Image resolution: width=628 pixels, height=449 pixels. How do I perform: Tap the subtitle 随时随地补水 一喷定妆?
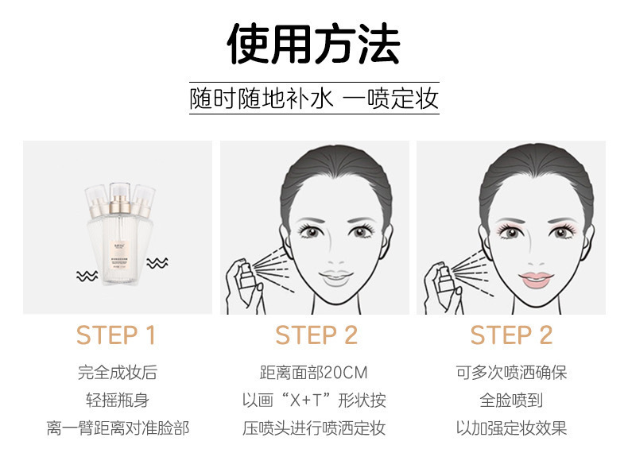coord(314,99)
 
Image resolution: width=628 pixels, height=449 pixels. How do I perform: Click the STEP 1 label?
coord(116,335)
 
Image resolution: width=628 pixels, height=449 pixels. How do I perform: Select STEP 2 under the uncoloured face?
coord(316,335)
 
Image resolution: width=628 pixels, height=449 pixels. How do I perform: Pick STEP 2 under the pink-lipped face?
coord(511,335)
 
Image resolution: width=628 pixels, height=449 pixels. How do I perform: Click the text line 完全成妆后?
coord(118,373)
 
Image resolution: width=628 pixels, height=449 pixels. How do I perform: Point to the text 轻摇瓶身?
coord(118,400)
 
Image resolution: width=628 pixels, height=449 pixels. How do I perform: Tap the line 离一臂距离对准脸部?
coord(118,428)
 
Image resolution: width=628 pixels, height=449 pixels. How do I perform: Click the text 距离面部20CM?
coord(314,373)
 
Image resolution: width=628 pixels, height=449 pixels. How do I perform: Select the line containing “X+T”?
coord(314,400)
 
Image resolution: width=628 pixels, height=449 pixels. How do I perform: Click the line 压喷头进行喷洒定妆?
coord(314,428)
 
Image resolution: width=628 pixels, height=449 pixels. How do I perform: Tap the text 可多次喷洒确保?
coord(511,373)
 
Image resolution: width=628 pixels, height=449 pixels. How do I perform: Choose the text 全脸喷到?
coord(511,400)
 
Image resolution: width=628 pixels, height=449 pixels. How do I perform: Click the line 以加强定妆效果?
coord(511,428)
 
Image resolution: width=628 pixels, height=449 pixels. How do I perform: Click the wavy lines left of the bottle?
coord(86,275)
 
